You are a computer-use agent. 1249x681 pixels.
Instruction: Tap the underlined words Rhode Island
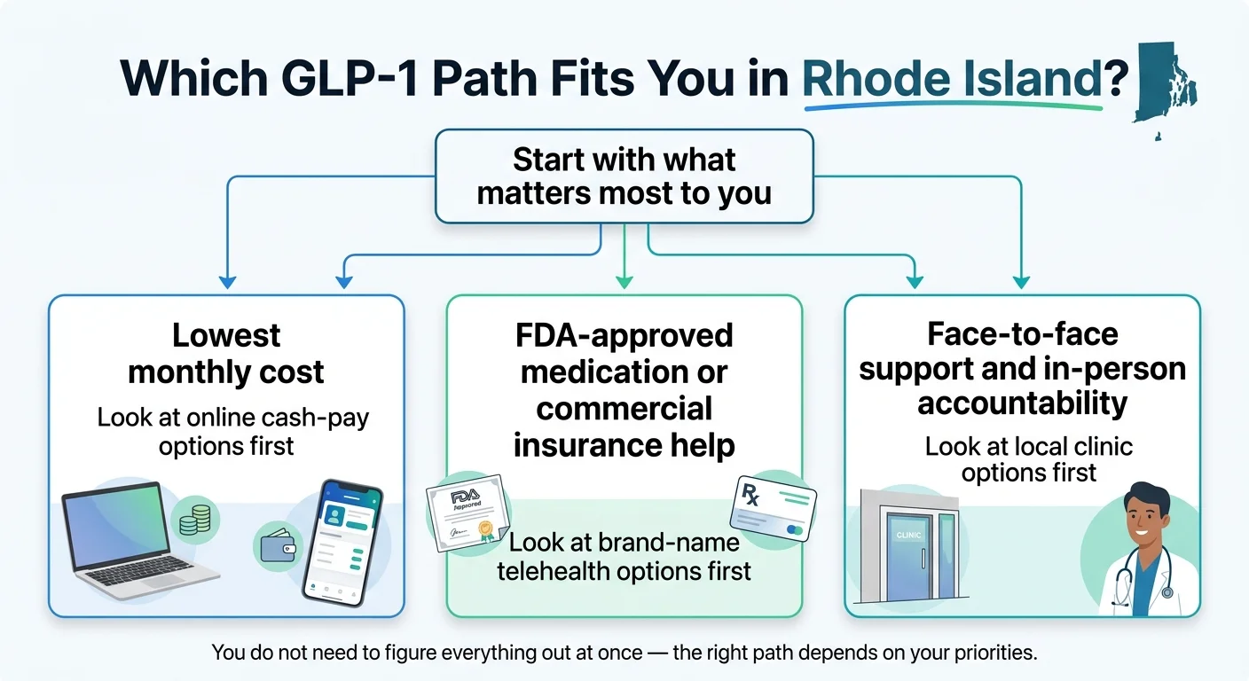coord(951,81)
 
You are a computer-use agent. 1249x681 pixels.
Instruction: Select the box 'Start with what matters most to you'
coord(624,176)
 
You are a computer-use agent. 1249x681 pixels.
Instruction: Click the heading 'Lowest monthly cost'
coord(226,353)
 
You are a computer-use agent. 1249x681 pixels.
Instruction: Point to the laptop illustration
coord(133,541)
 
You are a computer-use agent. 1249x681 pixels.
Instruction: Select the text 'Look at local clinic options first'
coord(1028,459)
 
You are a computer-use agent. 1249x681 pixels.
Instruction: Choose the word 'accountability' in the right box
coord(1022,403)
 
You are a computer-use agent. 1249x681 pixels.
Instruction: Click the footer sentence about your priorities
coord(624,654)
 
